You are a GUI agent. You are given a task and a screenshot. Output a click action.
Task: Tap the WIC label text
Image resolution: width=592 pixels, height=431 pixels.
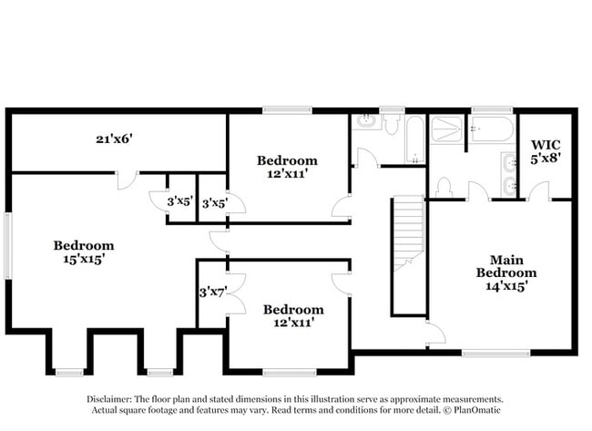pos(546,144)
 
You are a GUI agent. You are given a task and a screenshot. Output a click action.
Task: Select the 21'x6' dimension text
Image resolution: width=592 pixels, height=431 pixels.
pos(115,139)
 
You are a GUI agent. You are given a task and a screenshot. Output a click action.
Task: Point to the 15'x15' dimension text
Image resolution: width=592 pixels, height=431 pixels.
pos(84,260)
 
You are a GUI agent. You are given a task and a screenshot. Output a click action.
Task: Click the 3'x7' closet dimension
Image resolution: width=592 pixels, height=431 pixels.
pos(212,292)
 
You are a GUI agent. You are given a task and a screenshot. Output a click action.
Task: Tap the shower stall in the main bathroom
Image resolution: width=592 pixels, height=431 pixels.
pos(447,130)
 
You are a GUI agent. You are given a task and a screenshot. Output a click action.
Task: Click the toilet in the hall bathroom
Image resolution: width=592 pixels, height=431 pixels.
pos(393,124)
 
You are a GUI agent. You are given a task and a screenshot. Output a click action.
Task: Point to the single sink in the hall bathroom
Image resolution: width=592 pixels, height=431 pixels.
pos(367,121)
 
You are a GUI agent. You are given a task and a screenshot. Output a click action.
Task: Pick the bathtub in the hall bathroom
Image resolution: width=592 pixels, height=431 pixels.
pos(415,139)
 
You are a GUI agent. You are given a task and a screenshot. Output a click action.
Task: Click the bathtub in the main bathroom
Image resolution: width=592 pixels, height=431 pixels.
pos(492,129)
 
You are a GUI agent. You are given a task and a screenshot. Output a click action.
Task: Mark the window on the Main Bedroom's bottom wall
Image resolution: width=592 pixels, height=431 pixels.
pos(495,353)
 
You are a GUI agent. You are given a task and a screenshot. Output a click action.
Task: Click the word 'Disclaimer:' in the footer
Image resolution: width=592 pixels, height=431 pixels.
pos(109,399)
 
